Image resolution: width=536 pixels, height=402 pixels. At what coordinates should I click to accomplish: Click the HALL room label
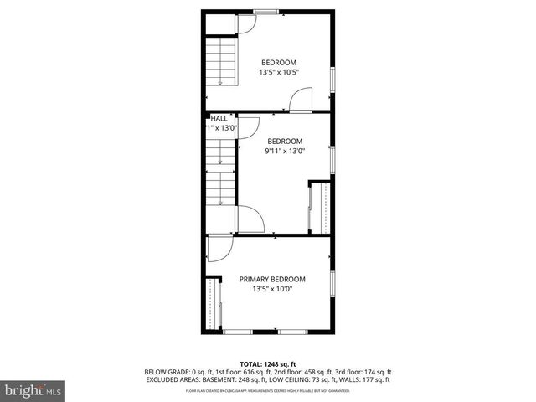[x=219, y=119]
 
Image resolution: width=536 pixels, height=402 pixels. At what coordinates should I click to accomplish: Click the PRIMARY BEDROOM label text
[x=272, y=279]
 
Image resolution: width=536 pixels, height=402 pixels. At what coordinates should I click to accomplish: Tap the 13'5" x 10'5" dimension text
[x=278, y=72]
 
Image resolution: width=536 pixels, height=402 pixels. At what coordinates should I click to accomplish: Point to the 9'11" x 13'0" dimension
[x=285, y=152]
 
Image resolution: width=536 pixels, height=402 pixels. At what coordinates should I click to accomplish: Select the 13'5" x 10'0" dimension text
[x=272, y=289]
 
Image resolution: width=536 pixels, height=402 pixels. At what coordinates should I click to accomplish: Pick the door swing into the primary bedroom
[x=216, y=249]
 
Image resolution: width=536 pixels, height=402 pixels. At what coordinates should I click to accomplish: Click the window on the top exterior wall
[x=266, y=11]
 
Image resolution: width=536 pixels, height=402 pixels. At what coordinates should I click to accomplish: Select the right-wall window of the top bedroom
[x=332, y=80]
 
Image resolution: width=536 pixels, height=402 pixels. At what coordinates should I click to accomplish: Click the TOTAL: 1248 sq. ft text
[x=268, y=364]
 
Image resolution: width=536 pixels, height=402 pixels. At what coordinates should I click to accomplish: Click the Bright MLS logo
[x=32, y=391]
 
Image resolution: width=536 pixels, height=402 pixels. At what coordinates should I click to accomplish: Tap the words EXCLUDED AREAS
[x=173, y=379]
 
